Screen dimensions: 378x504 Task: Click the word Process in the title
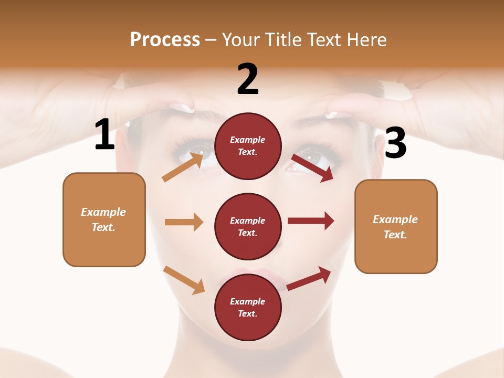tap(165, 39)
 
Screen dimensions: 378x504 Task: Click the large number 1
tap(104, 135)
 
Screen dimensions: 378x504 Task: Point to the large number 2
tap(248, 79)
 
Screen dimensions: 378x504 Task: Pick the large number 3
tap(395, 144)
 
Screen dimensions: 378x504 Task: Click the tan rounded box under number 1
tap(104, 219)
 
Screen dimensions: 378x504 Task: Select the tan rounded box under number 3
tap(396, 226)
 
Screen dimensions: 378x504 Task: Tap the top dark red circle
tap(248, 146)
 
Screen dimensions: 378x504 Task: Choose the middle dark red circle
tap(248, 226)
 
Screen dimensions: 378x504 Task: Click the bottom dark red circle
tap(248, 307)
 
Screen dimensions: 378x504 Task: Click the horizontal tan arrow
tap(184, 222)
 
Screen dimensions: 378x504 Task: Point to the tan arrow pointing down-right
tap(184, 280)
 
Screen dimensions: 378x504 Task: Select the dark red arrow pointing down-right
tap(312, 168)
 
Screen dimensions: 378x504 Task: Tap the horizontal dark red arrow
tap(311, 221)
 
